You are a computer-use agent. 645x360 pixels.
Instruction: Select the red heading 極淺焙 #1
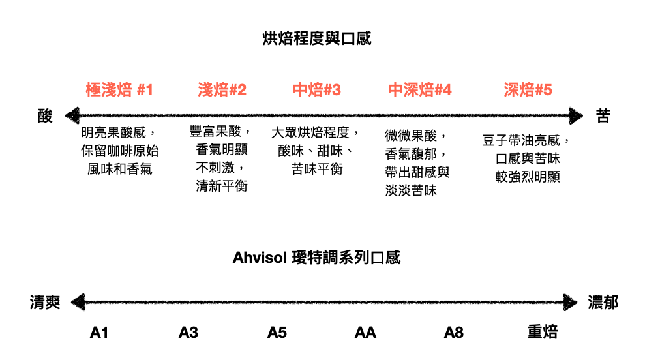tap(119, 90)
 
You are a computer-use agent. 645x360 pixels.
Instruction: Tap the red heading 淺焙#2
tap(222, 90)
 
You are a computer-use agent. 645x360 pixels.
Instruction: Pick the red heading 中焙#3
tap(316, 90)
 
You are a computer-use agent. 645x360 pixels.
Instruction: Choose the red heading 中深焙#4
tap(419, 90)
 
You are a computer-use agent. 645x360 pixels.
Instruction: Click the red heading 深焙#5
tap(528, 90)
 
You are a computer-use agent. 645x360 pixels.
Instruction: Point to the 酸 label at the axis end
tap(45, 116)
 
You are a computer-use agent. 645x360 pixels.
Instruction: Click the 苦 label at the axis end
tap(603, 116)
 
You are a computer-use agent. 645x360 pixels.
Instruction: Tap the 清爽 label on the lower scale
tap(45, 303)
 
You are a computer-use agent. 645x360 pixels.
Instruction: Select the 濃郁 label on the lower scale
tap(603, 303)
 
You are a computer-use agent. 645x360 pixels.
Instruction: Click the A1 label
tap(99, 333)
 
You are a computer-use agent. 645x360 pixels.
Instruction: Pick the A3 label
tap(188, 333)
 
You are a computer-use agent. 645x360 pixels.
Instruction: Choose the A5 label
tap(277, 333)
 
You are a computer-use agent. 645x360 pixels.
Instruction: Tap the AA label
tap(365, 333)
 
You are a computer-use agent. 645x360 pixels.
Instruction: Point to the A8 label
tap(454, 333)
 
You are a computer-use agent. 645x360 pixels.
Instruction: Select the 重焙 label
tap(542, 333)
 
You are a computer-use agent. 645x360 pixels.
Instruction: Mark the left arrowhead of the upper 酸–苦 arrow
tap(70, 116)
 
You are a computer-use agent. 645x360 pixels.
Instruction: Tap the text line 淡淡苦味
tap(411, 190)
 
